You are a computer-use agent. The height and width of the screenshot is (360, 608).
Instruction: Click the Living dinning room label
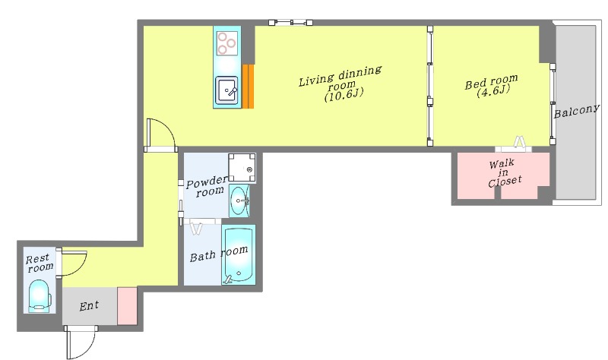click(340, 83)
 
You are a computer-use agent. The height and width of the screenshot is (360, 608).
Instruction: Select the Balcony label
click(577, 112)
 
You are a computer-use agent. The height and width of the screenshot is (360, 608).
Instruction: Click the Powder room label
click(207, 186)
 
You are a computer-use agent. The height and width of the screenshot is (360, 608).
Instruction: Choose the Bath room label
click(218, 254)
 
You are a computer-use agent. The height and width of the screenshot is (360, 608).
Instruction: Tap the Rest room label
click(40, 263)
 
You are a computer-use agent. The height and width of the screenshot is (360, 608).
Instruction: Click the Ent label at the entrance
click(90, 306)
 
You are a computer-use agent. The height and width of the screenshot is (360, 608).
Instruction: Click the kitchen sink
click(227, 91)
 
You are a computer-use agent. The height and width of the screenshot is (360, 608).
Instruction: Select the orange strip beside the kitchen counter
click(248, 86)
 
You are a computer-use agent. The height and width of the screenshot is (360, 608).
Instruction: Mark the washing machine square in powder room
click(242, 167)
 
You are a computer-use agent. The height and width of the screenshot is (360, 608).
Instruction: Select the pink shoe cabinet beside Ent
click(127, 306)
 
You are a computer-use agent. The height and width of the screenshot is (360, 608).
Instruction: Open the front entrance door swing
click(81, 342)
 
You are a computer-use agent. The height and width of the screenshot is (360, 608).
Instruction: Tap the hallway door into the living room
click(161, 135)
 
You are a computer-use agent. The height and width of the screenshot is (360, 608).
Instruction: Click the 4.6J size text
click(492, 92)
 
